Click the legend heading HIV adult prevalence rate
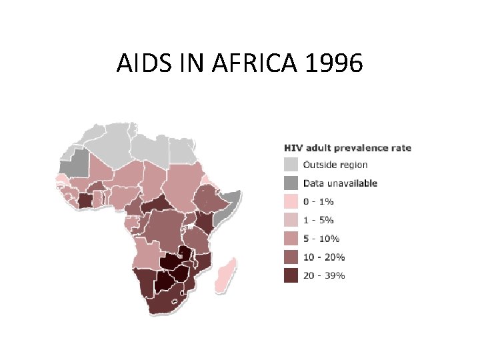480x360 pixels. (x=347, y=148)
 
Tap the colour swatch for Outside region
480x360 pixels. (x=291, y=165)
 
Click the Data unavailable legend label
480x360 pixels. (x=340, y=183)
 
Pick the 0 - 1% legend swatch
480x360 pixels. (x=291, y=201)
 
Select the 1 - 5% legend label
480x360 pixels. (x=319, y=220)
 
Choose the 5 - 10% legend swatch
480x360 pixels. (x=291, y=238)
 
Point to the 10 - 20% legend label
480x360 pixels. (x=323, y=257)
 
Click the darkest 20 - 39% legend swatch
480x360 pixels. (x=291, y=275)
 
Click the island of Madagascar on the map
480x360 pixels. (x=225, y=275)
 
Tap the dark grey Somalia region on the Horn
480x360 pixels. (x=230, y=201)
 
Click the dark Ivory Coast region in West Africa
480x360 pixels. (x=85, y=200)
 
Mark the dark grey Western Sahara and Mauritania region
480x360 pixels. (x=77, y=163)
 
